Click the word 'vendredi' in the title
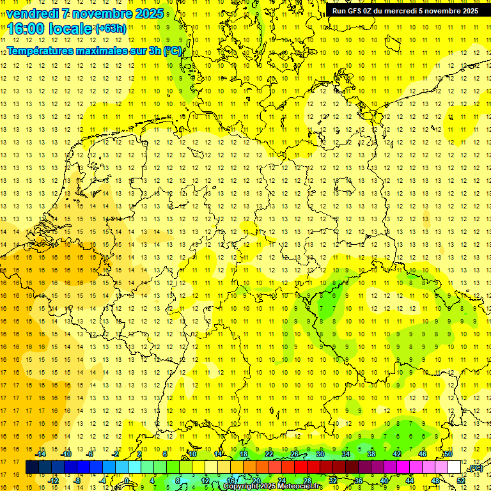click(35, 13)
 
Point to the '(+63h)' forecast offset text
click(110, 28)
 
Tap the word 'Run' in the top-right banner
click(339, 11)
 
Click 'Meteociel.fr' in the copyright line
click(300, 487)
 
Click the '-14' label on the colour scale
click(42, 454)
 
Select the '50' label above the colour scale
click(448, 454)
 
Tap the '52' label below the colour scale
click(461, 481)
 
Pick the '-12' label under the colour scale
click(54, 481)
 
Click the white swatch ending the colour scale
click(454, 467)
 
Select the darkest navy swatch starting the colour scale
click(32, 467)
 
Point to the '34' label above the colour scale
click(345, 454)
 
